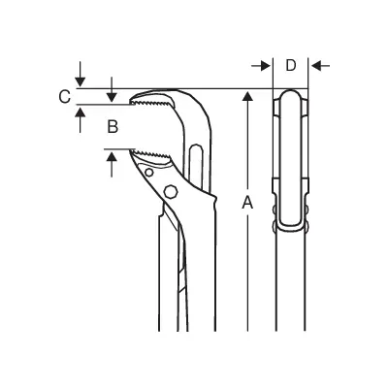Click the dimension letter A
tap(247, 203)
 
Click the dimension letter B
tap(113, 127)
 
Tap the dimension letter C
tap(65, 97)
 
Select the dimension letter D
tap(291, 66)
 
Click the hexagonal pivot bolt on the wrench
tap(171, 191)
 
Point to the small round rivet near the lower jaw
tap(148, 173)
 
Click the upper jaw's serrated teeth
tap(151, 103)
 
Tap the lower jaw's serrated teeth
tap(151, 153)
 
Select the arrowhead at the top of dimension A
tap(247, 96)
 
